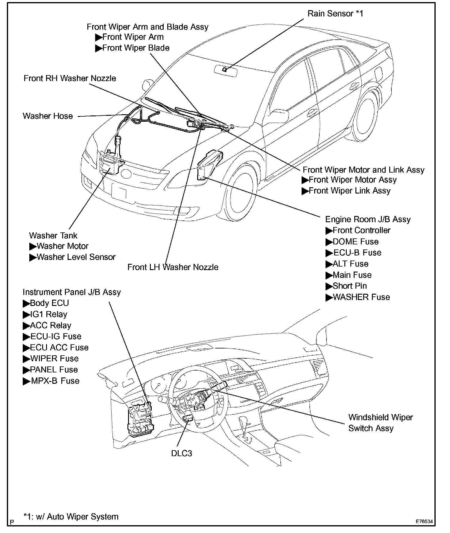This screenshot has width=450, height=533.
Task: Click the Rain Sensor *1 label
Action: (x=335, y=14)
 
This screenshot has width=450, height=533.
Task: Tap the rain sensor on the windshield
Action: (x=224, y=69)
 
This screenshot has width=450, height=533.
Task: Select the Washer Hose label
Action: (x=48, y=116)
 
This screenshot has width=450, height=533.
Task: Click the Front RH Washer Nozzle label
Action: (x=70, y=78)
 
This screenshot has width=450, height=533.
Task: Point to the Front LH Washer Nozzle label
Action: (x=173, y=267)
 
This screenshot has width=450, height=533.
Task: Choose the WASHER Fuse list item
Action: (x=358, y=297)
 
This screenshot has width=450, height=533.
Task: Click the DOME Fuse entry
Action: (x=352, y=242)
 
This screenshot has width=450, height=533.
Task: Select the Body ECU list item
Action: (x=46, y=303)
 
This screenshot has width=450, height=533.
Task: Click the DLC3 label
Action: (x=181, y=453)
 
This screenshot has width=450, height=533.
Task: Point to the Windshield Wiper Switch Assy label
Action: (x=380, y=423)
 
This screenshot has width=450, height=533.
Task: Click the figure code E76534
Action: (x=424, y=521)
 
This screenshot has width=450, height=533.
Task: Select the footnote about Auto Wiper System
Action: (x=71, y=517)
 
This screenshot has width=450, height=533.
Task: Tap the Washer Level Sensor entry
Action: (x=72, y=257)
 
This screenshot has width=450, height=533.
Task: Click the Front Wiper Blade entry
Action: (x=132, y=48)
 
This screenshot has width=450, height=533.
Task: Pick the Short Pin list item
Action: (x=346, y=286)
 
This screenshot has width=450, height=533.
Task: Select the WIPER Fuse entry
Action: (x=51, y=359)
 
